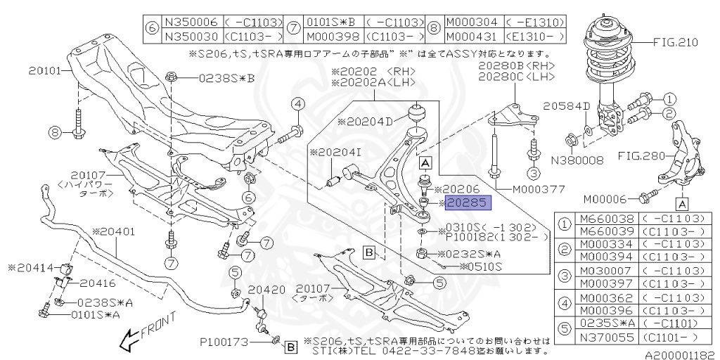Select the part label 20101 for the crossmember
tap(44, 70)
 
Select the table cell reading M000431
tap(472, 37)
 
